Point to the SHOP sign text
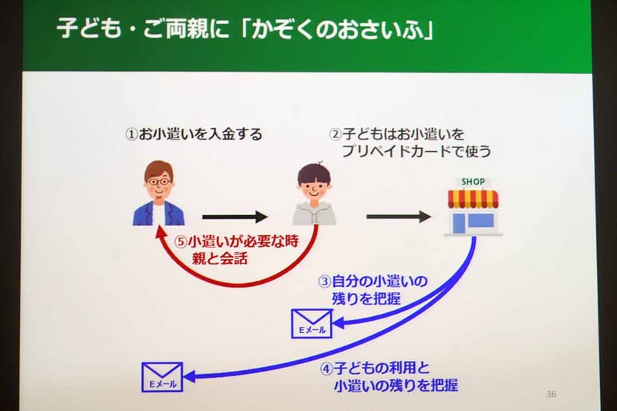tap(474, 181)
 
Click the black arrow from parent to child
tap(234, 217)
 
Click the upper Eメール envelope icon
tap(309, 323)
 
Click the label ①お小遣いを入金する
tap(194, 134)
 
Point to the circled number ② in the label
tap(335, 134)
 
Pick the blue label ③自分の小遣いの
tap(373, 280)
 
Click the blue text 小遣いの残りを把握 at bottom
tap(396, 384)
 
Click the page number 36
tap(551, 395)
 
